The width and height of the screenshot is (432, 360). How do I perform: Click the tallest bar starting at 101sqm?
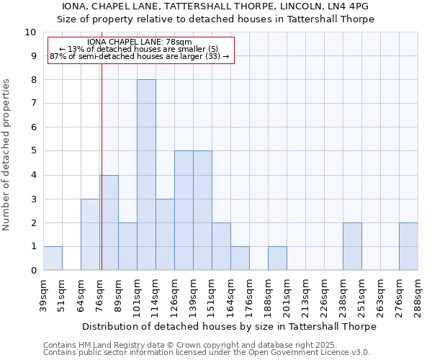[x=146, y=175]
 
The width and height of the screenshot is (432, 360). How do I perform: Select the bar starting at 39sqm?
[x=53, y=258]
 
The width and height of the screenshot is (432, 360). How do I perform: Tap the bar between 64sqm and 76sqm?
[x=90, y=235]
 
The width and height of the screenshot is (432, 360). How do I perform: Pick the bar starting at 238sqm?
[x=352, y=247]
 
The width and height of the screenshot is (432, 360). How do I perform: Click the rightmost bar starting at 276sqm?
[x=408, y=247]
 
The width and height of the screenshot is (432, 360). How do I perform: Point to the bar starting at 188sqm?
[x=277, y=258]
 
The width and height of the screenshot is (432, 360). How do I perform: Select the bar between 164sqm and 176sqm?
[x=240, y=258]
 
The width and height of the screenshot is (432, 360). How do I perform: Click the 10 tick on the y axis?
[x=30, y=32]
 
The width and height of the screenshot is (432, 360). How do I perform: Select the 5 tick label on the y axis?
[x=33, y=151]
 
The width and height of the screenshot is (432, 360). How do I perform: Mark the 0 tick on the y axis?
[x=33, y=271]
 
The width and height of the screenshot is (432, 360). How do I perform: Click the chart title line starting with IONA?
[x=216, y=6]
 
